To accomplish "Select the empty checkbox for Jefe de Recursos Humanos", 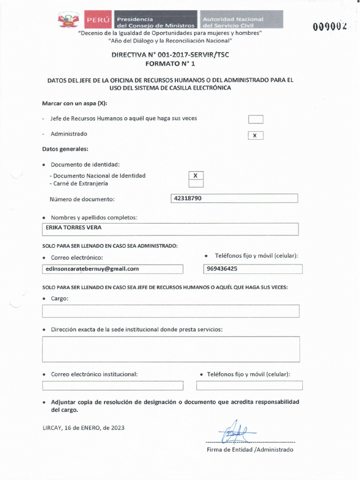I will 255,119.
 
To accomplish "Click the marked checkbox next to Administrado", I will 255,135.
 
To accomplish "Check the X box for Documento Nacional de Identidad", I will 195,175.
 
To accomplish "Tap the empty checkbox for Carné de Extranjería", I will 195,184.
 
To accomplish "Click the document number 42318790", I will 187,198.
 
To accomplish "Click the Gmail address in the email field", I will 92,269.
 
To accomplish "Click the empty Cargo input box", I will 171,311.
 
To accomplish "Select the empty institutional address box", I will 171,349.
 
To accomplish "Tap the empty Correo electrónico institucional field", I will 112,386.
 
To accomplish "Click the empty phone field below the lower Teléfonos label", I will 249,386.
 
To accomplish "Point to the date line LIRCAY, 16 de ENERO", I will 83,427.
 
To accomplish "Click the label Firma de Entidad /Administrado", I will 250,450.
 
